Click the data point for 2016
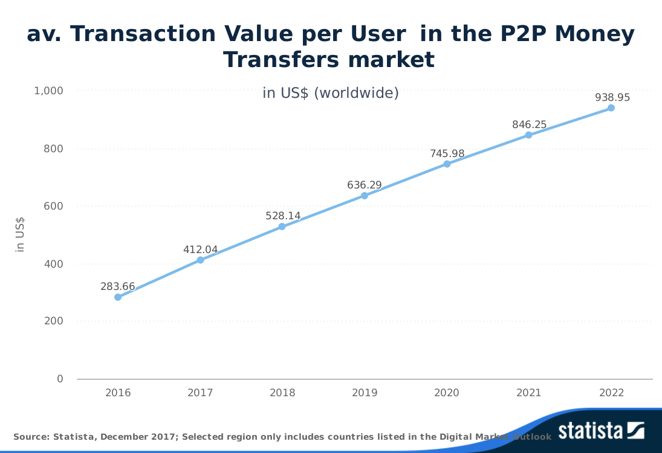click(118, 297)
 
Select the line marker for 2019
click(365, 196)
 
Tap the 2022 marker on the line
click(611, 108)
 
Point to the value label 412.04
click(200, 249)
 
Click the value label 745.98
click(447, 153)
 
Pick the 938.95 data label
click(612, 97)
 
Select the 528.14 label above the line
click(283, 216)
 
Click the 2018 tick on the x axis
click(282, 393)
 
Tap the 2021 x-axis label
click(529, 393)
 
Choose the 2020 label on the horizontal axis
click(447, 393)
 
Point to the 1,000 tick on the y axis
click(49, 91)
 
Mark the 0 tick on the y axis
click(60, 379)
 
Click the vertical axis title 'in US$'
click(20, 234)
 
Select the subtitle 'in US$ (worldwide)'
click(331, 93)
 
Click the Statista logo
click(601, 431)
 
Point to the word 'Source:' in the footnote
click(31, 437)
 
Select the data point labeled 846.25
click(529, 135)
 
